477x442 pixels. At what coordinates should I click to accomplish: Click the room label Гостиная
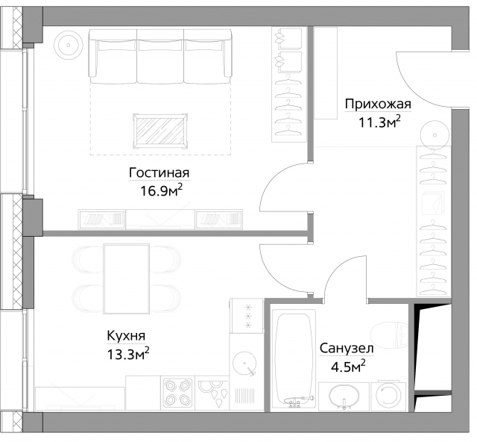click(x=159, y=172)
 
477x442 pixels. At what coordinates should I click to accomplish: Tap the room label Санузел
click(x=347, y=348)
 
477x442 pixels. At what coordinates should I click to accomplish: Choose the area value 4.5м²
click(x=347, y=366)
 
